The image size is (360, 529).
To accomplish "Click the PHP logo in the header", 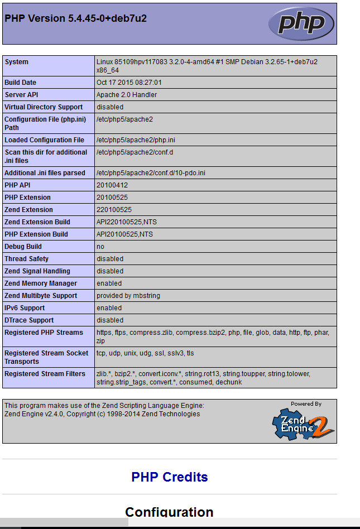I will point(301,23).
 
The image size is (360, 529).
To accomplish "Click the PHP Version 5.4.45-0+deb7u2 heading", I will point(76,18).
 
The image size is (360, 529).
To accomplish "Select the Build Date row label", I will point(21,83).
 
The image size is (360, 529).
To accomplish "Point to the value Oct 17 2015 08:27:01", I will point(129,83).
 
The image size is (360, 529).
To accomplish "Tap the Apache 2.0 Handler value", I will point(127,95).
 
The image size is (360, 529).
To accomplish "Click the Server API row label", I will point(22,95).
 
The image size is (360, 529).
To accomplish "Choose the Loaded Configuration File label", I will point(45,140).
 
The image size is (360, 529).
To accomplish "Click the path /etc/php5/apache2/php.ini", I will point(136,140).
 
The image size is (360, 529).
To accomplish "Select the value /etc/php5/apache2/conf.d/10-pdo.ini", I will point(151,173).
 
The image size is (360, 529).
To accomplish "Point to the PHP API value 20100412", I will point(112,185).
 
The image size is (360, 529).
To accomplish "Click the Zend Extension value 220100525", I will point(114,210).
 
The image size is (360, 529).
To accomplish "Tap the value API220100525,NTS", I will point(127,222).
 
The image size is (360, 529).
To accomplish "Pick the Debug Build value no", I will point(100,247).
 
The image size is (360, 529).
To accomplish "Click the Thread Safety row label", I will point(27,259).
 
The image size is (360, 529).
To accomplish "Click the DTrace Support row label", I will point(29,320).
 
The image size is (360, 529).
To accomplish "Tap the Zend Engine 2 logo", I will point(303,422).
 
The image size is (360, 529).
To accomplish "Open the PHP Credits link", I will point(170,477).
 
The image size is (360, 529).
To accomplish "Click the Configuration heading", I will point(169,512).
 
